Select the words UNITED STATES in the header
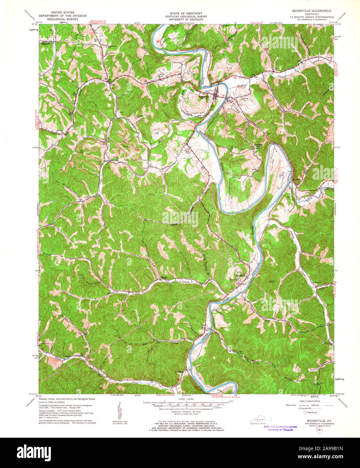pos(62,12)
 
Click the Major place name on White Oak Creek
pos(164,278)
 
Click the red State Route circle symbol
pos(305,412)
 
